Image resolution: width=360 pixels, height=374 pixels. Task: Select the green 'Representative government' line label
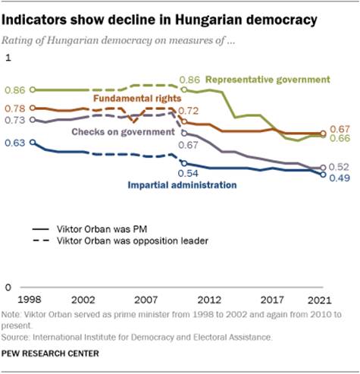(268, 79)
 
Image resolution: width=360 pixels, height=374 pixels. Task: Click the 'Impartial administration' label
(171, 184)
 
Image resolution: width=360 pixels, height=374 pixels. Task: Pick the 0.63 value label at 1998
(15, 143)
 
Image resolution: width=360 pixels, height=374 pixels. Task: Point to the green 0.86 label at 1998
(15, 90)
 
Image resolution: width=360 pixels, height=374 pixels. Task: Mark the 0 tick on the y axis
(8, 288)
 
